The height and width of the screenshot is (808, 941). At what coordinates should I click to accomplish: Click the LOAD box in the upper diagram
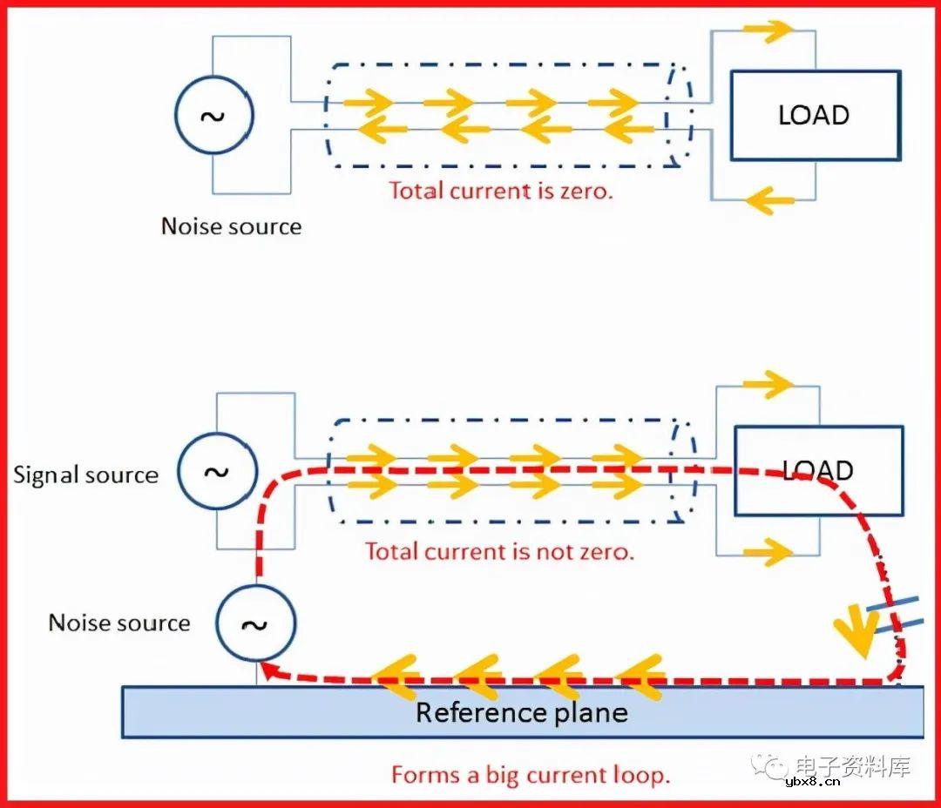[814, 115]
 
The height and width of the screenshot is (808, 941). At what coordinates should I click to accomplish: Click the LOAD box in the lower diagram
[818, 470]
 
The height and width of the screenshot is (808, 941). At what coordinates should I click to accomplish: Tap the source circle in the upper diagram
[213, 117]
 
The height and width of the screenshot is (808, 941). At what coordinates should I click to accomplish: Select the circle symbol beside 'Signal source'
[217, 471]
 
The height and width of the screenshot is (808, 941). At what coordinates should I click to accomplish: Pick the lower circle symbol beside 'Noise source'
[255, 623]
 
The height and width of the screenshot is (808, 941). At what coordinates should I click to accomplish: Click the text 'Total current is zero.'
[501, 190]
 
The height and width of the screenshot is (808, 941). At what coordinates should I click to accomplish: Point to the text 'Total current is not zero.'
[499, 550]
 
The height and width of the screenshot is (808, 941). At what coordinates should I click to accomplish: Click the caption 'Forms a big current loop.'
[531, 774]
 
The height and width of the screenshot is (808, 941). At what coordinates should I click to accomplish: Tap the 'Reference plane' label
[521, 712]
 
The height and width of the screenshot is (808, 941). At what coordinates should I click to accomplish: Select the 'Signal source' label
[85, 475]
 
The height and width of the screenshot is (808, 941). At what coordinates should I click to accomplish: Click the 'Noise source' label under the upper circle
[231, 226]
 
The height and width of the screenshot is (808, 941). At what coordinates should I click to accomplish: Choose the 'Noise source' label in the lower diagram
[118, 623]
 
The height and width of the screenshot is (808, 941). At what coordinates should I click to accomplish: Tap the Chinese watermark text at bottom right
[851, 765]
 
